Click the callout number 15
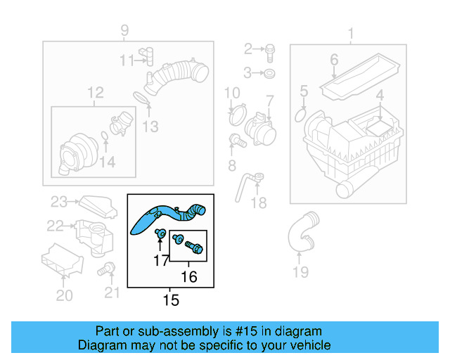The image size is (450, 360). click(171, 300)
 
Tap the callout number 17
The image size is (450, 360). click(161, 261)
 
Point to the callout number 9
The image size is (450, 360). click(124, 30)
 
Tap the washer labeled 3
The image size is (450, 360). click(270, 72)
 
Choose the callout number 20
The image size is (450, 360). click(64, 296)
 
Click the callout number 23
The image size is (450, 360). click(58, 202)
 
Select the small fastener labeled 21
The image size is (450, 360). click(108, 268)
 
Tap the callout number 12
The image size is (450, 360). click(95, 92)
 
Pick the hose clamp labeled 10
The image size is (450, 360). click(236, 110)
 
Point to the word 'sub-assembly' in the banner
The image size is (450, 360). click(156, 331)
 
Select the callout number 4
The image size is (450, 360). click(379, 94)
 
